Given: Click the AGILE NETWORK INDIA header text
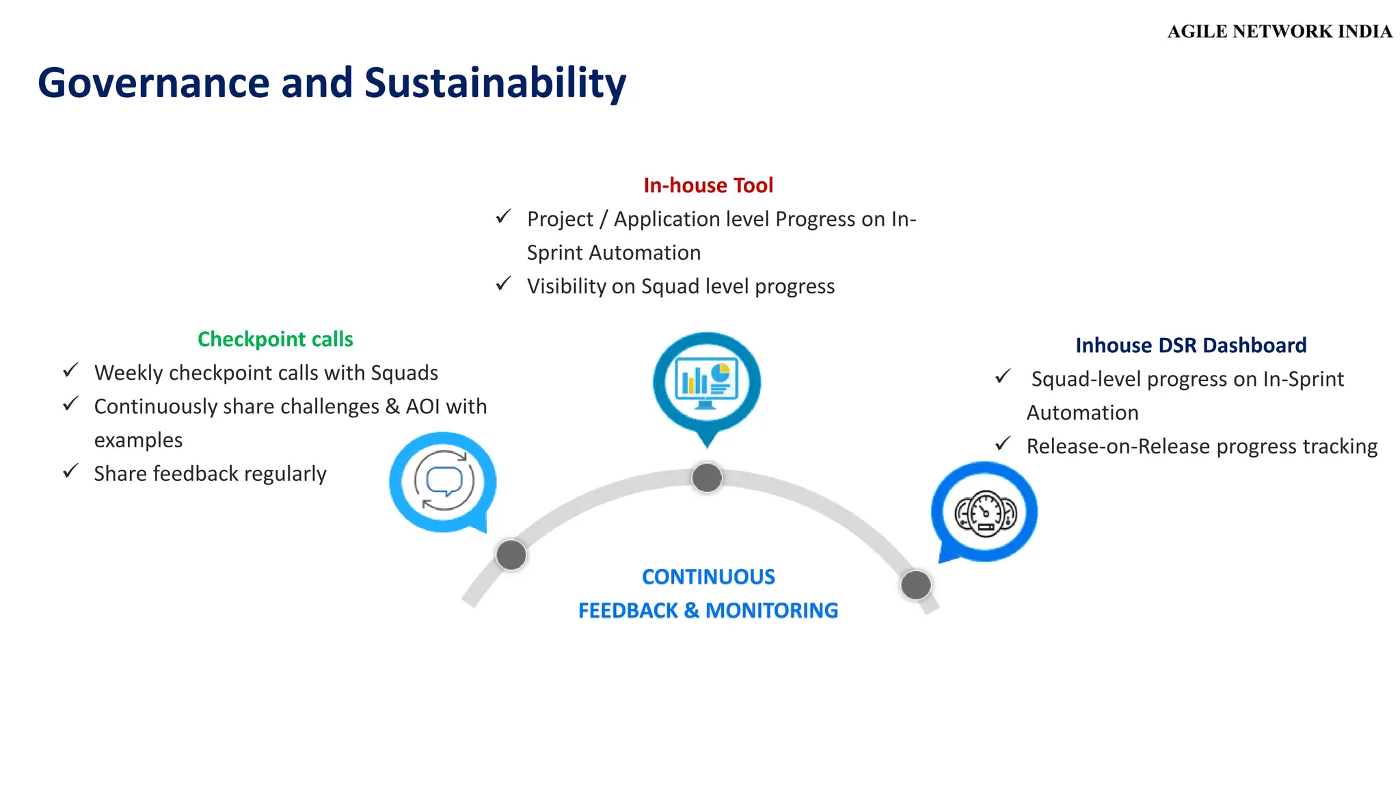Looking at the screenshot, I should tap(1279, 31).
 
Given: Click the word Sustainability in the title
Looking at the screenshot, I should tap(495, 83).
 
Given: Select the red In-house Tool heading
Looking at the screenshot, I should tap(708, 185).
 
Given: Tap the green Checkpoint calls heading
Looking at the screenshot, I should tap(275, 339).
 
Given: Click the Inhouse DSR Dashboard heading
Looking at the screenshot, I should tap(1191, 345).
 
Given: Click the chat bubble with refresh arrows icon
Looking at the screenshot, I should tap(444, 482).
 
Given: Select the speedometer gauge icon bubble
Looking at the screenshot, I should tap(985, 512).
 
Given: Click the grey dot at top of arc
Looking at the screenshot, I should tap(707, 477).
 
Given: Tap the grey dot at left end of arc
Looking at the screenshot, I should tap(511, 555).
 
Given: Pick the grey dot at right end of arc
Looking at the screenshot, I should tap(915, 585).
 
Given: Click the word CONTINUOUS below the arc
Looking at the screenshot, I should tap(708, 577).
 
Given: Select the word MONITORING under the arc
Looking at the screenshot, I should tap(772, 610).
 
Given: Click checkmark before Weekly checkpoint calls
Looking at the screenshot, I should tap(71, 371).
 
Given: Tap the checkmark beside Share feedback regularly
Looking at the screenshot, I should tap(71, 471).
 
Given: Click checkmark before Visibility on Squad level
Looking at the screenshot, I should tap(504, 284).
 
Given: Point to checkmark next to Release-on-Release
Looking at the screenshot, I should tap(1003, 444).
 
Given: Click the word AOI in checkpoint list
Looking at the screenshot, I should tap(422, 406).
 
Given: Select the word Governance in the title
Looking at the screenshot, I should tap(154, 83).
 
